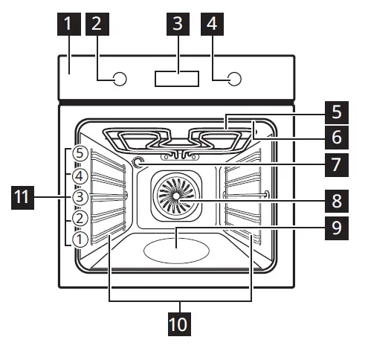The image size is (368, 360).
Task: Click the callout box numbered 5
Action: [337, 113]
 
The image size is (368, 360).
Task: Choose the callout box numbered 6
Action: [337, 138]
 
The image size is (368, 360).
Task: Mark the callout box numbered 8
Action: [337, 200]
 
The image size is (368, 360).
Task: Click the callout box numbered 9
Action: [337, 228]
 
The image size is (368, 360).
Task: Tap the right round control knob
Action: [234, 79]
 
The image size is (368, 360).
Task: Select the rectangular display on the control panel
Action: [177, 78]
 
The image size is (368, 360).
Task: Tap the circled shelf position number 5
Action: [80, 154]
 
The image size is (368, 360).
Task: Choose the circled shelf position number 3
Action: [80, 197]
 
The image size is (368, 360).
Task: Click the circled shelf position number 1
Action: [80, 240]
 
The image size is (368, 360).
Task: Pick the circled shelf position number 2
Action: [80, 219]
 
